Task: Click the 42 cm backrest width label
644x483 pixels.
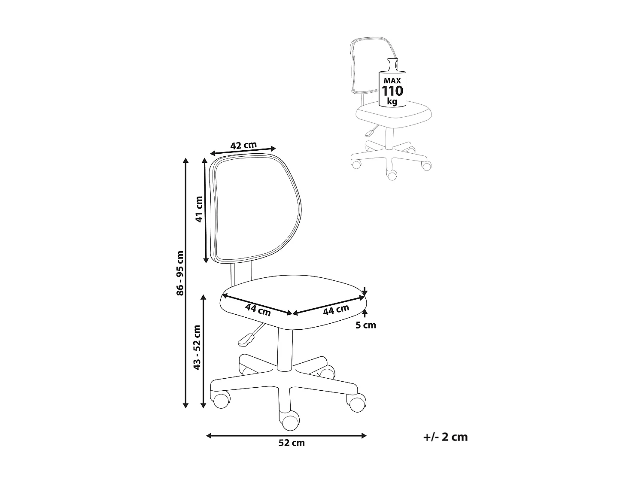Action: (243, 145)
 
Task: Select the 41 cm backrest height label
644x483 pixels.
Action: (199, 209)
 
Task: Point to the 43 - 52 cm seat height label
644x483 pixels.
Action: (197, 347)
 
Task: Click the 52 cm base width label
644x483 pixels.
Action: (292, 443)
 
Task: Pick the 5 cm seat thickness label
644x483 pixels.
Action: (366, 325)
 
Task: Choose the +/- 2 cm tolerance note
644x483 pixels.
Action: (445, 437)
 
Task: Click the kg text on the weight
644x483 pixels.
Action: (392, 101)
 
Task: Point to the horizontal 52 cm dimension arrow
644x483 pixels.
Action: (286, 435)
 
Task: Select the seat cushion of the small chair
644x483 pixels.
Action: (394, 115)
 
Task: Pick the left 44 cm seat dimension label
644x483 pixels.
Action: (258, 309)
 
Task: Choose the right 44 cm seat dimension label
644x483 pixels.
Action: (336, 310)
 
